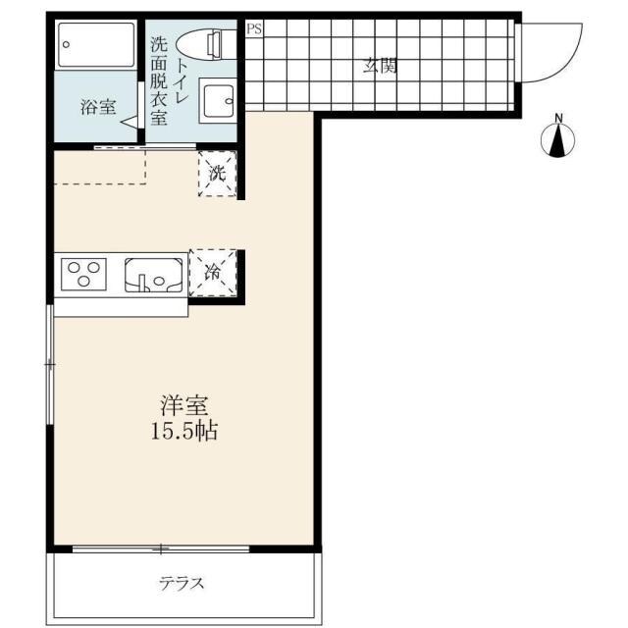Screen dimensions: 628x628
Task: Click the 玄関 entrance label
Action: [380, 66]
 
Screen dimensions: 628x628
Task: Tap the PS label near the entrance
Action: [254, 28]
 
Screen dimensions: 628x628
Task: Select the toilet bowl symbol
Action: [199, 44]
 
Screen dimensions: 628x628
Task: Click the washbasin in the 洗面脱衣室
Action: [217, 100]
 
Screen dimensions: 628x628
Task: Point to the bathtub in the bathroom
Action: [96, 45]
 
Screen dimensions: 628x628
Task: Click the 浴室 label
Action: [98, 107]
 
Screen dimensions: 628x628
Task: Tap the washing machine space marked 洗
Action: [218, 174]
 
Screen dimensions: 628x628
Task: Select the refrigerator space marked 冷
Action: [213, 273]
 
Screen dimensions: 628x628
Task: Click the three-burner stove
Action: [83, 275]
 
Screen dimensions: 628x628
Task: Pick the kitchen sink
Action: [153, 275]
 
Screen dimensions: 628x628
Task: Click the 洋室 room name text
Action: [184, 405]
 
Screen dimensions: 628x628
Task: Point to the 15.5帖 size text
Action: [184, 432]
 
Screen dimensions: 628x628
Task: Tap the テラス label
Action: [182, 583]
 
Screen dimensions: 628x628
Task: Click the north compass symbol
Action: [558, 140]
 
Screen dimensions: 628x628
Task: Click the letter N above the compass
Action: [558, 118]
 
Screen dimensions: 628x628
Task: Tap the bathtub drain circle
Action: [67, 44]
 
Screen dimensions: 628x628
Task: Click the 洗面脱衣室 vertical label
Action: [159, 81]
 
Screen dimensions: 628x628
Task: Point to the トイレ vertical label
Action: [182, 79]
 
